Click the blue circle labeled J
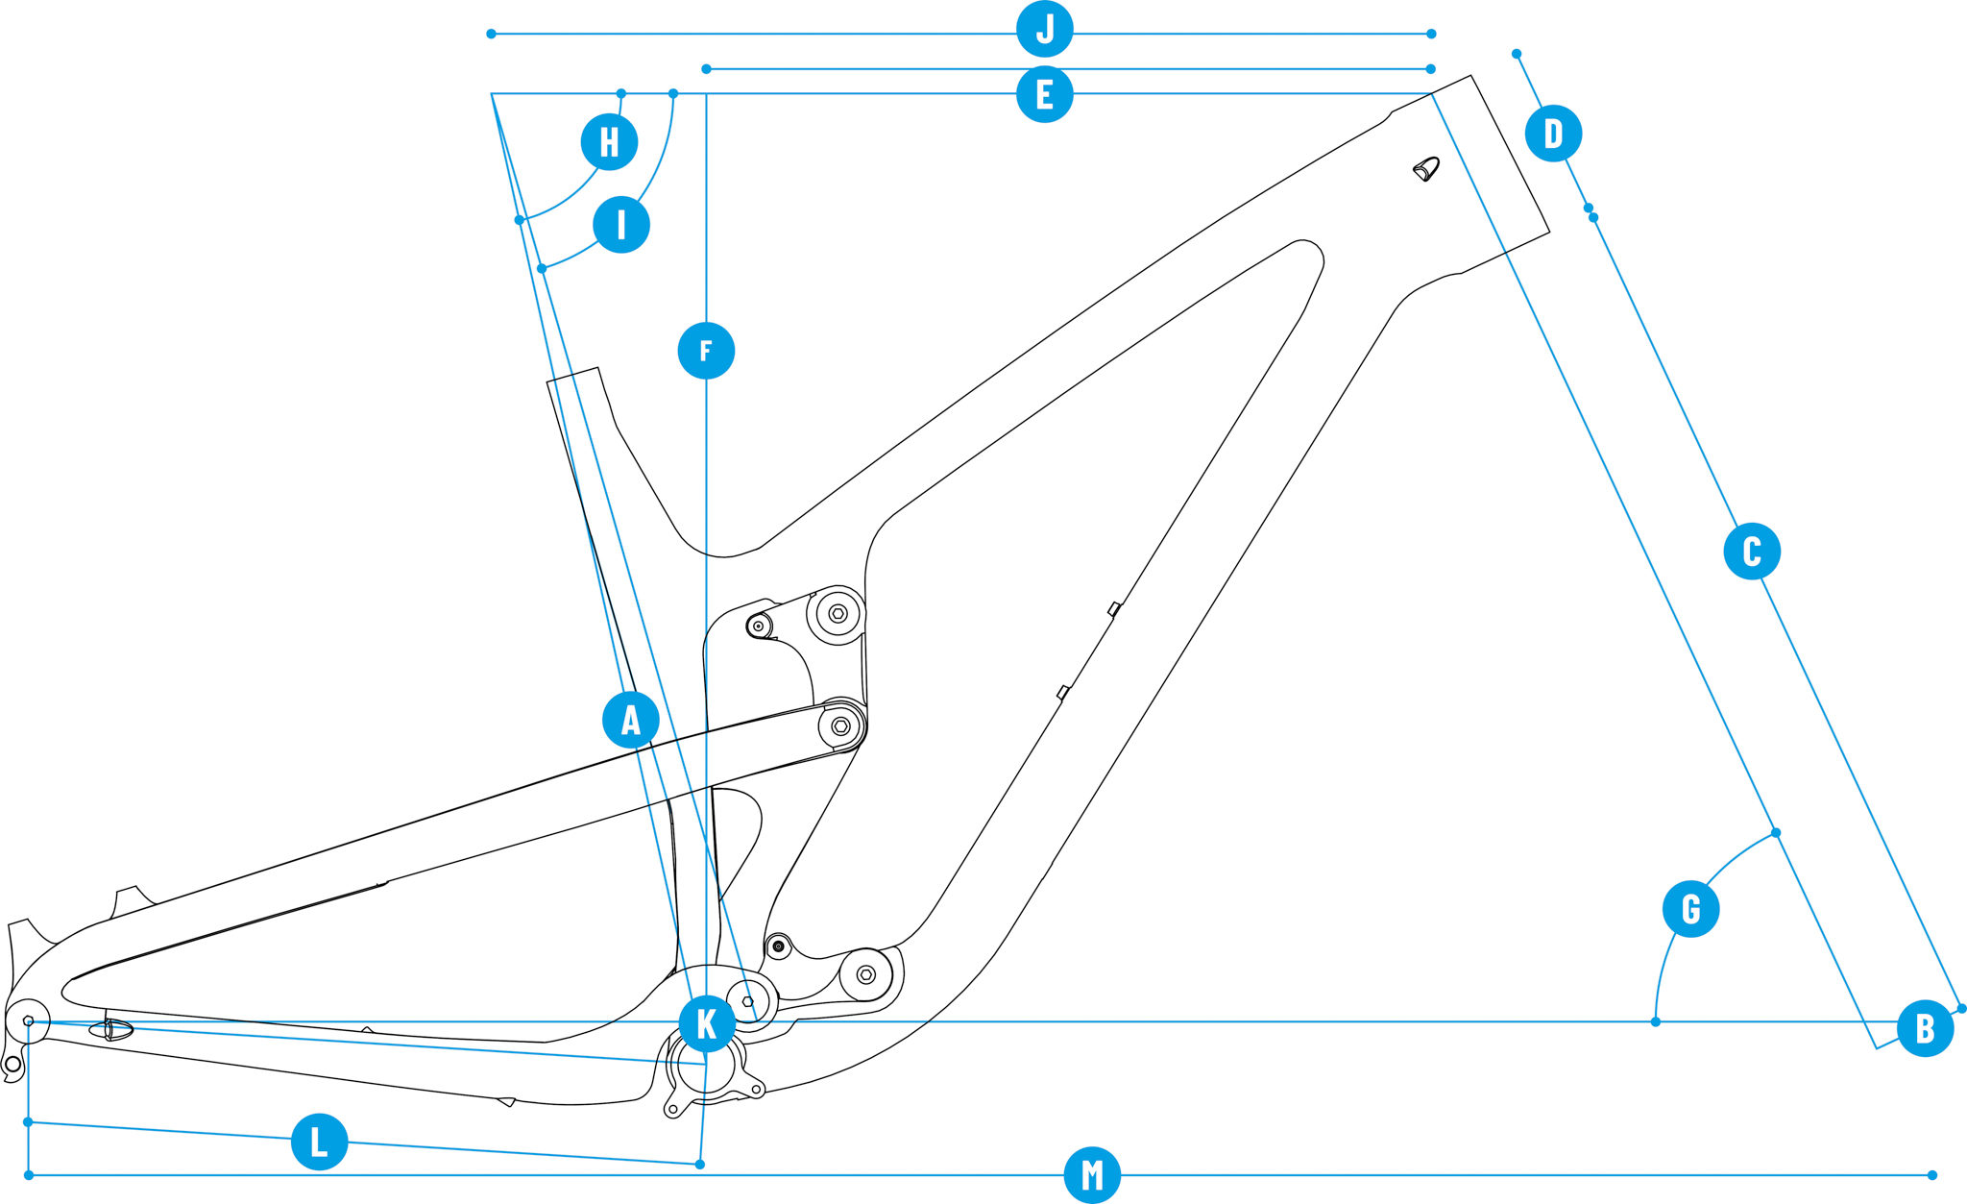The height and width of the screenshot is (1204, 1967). point(1045,29)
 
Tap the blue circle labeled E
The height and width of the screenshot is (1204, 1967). point(1045,94)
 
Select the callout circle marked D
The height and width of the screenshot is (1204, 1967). point(1553,133)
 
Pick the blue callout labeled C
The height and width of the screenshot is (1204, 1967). point(1752,551)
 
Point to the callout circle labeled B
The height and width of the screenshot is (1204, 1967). point(1925,1028)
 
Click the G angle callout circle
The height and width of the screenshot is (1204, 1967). point(1690,908)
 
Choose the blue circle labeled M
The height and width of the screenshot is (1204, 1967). point(1092,1174)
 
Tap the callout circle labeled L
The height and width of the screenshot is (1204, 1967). point(319,1142)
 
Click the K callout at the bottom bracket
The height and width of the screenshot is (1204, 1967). point(707,1023)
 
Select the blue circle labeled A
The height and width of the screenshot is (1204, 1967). point(630,719)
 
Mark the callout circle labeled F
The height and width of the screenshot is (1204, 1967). point(706,350)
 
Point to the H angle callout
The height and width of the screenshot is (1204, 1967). point(609,141)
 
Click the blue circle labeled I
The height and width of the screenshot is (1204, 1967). point(621,225)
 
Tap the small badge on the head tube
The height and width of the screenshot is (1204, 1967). point(1426,170)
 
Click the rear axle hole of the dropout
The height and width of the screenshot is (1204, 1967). point(28,1020)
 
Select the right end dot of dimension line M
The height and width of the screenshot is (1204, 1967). point(1932,1174)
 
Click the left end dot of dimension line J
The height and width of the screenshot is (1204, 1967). point(491,34)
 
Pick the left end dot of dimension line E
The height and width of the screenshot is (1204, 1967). point(706,69)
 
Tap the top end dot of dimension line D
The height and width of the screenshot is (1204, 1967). point(1517,54)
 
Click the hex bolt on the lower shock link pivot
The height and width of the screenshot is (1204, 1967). point(865,974)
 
